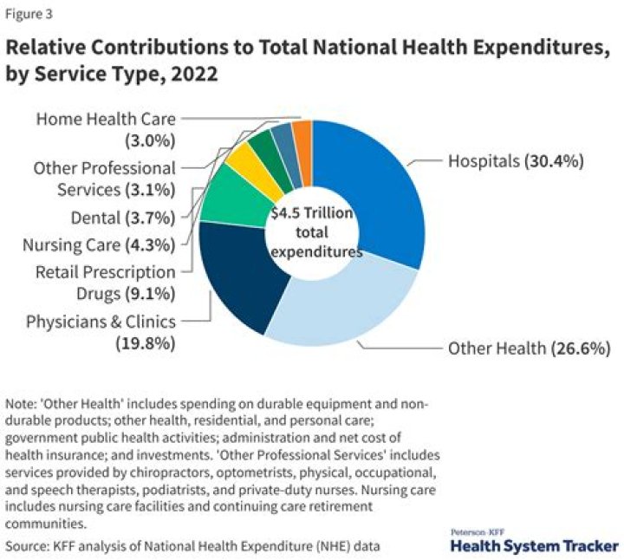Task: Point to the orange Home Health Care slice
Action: [302, 139]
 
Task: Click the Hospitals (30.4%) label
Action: [515, 160]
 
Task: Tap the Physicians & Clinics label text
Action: [101, 322]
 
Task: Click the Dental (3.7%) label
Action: [122, 217]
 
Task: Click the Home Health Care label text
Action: [106, 119]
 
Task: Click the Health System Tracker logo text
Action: [534, 546]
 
